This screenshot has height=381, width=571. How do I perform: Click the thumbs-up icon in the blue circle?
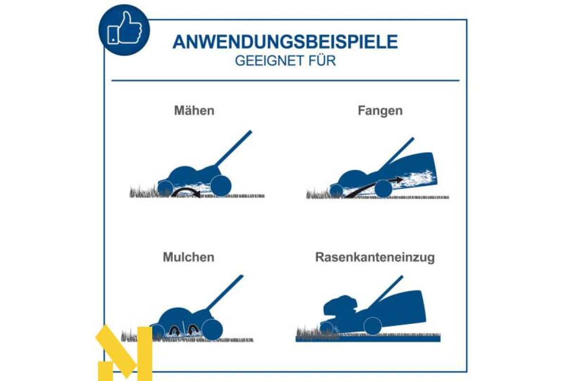tap(124, 29)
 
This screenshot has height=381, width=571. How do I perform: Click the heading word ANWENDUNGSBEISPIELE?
tap(285, 42)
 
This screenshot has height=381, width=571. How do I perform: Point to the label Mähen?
tap(194, 110)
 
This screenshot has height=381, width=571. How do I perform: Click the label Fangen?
tap(380, 111)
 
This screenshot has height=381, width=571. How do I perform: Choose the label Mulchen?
tap(188, 257)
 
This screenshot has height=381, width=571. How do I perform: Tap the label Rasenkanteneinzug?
tap(375, 257)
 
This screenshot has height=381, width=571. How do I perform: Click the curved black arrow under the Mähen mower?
tap(186, 190)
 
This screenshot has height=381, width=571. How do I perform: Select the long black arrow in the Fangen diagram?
tap(374, 187)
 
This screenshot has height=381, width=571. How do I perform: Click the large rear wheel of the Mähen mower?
tap(221, 186)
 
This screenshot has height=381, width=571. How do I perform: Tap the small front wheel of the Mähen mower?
tap(166, 188)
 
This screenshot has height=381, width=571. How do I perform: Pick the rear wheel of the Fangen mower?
tap(383, 188)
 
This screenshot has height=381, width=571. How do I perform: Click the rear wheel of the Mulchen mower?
tap(212, 330)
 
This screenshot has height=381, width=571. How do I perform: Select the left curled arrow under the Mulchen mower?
tap(175, 330)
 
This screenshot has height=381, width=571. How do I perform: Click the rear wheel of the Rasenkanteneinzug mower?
tap(373, 326)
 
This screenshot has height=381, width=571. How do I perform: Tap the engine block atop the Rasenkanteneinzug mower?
tap(340, 308)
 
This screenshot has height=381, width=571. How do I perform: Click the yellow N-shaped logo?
tap(125, 353)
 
